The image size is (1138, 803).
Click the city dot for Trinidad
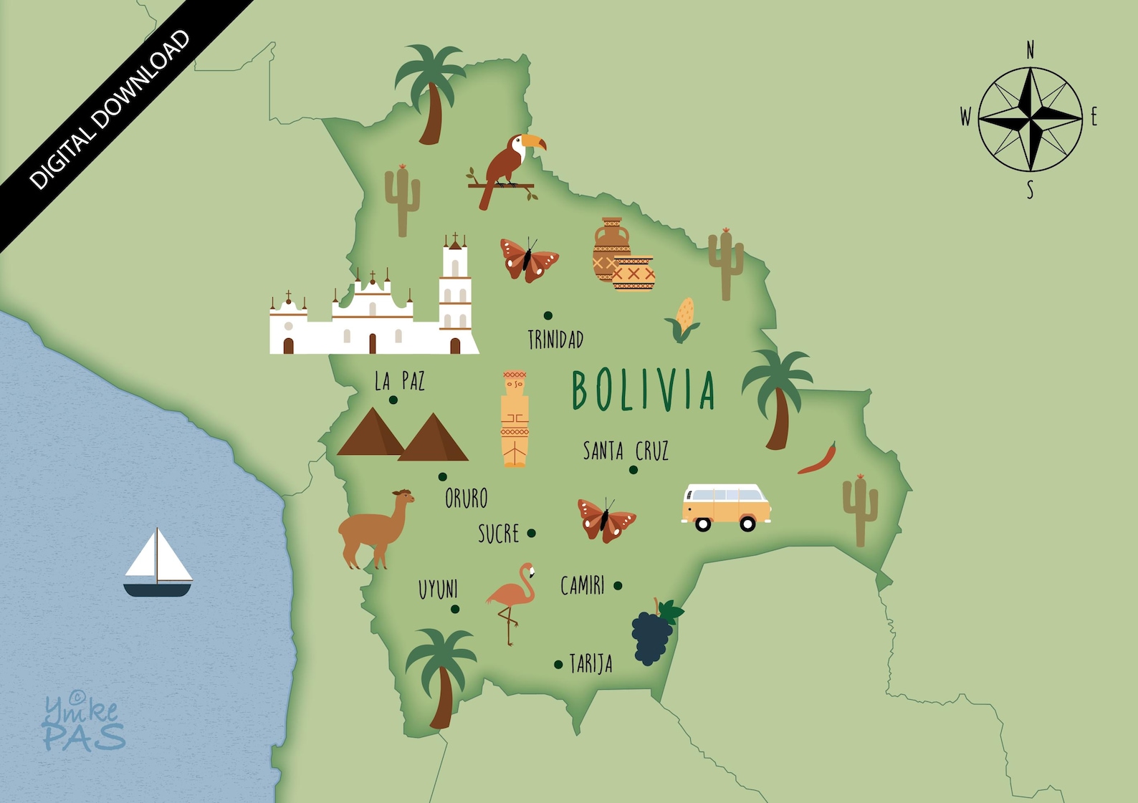pos(548,315)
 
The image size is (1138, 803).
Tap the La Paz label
pos(399,381)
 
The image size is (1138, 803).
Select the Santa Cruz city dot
pos(633,470)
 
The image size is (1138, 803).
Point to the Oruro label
pos(466,498)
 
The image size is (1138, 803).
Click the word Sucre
pos(498,534)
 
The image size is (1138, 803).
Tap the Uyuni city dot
pos(455,610)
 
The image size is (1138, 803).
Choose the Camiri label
pos(582,586)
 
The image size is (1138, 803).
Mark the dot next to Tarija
pos(558,665)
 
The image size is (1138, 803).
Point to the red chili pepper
pos(818,460)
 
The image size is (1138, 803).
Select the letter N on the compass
pos(1031,50)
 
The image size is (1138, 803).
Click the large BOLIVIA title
pos(643,391)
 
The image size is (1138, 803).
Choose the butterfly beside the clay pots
pos(529,259)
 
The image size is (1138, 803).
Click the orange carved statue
pos(515,419)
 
